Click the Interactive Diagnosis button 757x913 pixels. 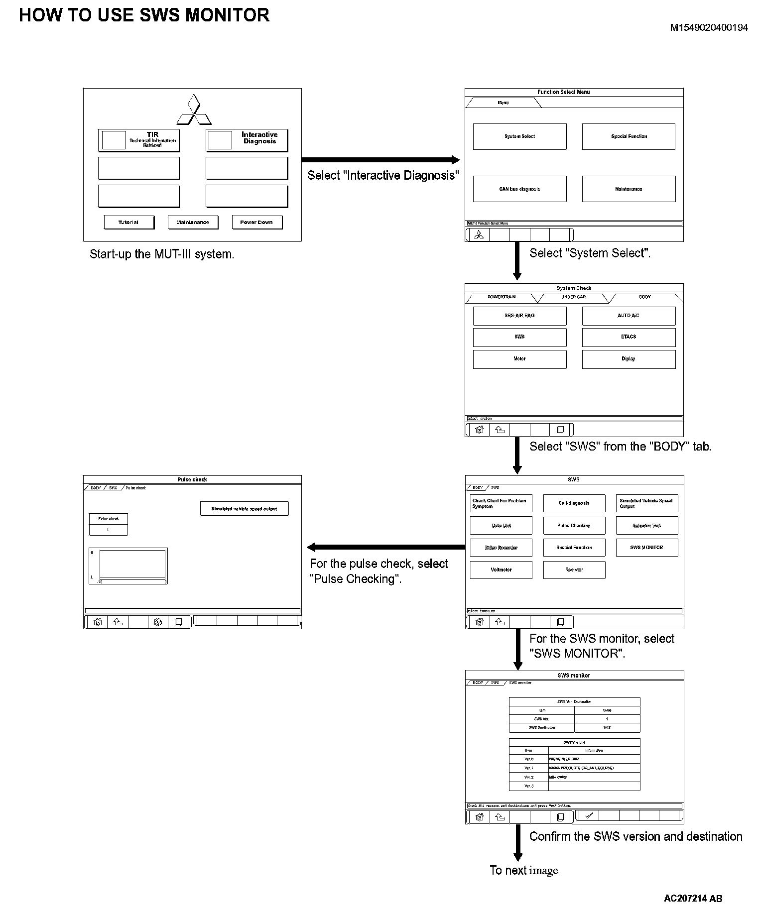(x=247, y=140)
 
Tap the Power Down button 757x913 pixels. (x=256, y=222)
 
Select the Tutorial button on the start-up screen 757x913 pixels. (x=128, y=222)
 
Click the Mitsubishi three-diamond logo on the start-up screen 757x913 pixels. (x=194, y=110)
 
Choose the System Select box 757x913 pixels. (x=519, y=136)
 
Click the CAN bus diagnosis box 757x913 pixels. (x=519, y=189)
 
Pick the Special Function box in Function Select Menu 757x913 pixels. (x=629, y=136)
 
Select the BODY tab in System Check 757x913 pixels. (x=644, y=297)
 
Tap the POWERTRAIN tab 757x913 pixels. (x=502, y=297)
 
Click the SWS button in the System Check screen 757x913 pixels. (x=519, y=337)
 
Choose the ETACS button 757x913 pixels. (x=629, y=337)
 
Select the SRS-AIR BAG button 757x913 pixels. (x=519, y=316)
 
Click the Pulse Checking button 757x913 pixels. (x=574, y=526)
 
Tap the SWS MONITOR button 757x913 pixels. (x=646, y=548)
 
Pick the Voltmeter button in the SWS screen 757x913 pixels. (x=501, y=570)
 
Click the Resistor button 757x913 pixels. (x=574, y=570)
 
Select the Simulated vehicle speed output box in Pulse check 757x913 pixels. (x=244, y=509)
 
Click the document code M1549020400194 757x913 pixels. (x=709, y=28)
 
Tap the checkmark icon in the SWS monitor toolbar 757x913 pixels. (x=589, y=815)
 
